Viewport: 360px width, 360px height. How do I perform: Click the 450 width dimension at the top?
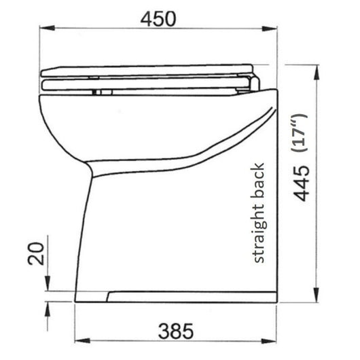[x=160, y=18]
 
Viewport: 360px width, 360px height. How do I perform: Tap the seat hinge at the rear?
[x=253, y=82]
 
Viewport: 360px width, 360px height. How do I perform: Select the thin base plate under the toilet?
[x=194, y=297]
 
